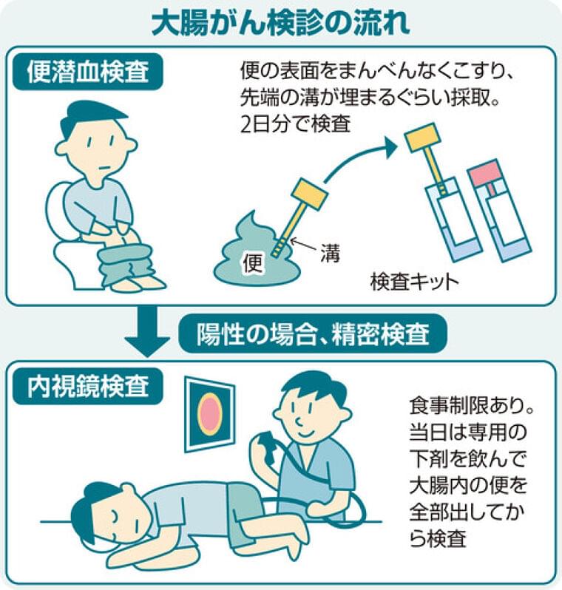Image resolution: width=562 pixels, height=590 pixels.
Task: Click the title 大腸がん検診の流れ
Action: (281, 23)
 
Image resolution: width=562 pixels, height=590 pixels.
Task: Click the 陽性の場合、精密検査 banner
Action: (314, 333)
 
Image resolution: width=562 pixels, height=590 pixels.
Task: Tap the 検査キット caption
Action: (414, 283)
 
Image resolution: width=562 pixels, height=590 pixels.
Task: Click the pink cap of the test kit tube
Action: (484, 172)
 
